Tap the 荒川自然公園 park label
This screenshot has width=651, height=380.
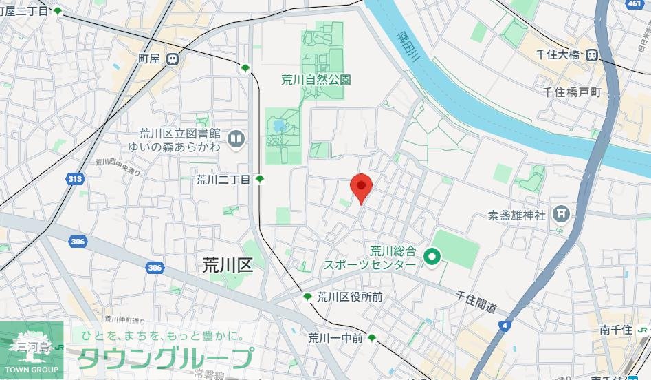(x=316, y=80)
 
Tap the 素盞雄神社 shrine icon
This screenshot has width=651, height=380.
(x=562, y=214)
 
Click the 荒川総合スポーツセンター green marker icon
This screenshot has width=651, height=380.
(x=432, y=258)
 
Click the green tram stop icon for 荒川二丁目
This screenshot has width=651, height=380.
(x=260, y=180)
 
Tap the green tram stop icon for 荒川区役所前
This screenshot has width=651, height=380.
(x=307, y=297)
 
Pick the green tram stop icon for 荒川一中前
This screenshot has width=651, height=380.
(x=372, y=338)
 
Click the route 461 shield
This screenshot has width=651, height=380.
(x=634, y=4)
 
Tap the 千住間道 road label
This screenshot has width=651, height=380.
(x=476, y=302)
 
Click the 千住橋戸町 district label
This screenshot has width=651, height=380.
(x=571, y=92)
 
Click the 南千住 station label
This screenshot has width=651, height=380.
(x=615, y=330)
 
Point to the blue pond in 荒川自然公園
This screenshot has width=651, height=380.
(x=278, y=127)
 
